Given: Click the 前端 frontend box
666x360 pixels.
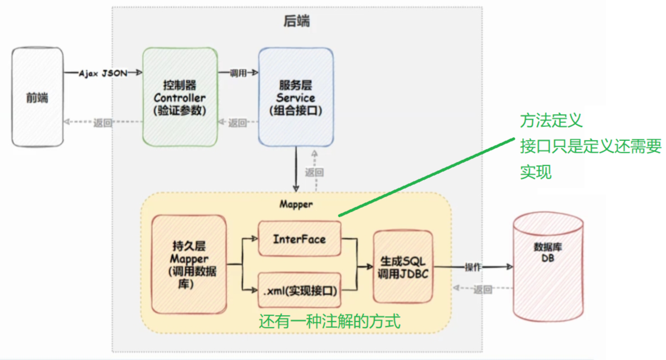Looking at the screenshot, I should coord(37,97).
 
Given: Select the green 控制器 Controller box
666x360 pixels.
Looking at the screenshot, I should coord(180,97).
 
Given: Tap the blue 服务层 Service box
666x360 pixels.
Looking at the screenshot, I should coord(296,97).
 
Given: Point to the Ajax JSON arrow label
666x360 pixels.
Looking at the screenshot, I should coord(103,73).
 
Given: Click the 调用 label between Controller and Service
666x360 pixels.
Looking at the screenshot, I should coord(238,73).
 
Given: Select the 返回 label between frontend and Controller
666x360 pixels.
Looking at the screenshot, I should coord(103,122).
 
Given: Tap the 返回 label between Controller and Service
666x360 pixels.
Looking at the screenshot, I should coord(238,122).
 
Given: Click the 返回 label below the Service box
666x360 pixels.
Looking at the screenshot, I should coord(314,172).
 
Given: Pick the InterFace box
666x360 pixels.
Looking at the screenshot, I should coord(299,239).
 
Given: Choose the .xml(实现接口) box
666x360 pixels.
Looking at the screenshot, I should coord(299,291).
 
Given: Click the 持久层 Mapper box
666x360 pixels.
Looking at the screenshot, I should coord(189,265).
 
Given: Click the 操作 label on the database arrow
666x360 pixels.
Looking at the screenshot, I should coord(473,267).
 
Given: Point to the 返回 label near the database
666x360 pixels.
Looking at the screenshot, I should coord(483,290).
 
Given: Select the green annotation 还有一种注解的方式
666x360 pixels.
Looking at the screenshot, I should coord(329,322).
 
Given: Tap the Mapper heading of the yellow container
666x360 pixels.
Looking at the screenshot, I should coord(296,204).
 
